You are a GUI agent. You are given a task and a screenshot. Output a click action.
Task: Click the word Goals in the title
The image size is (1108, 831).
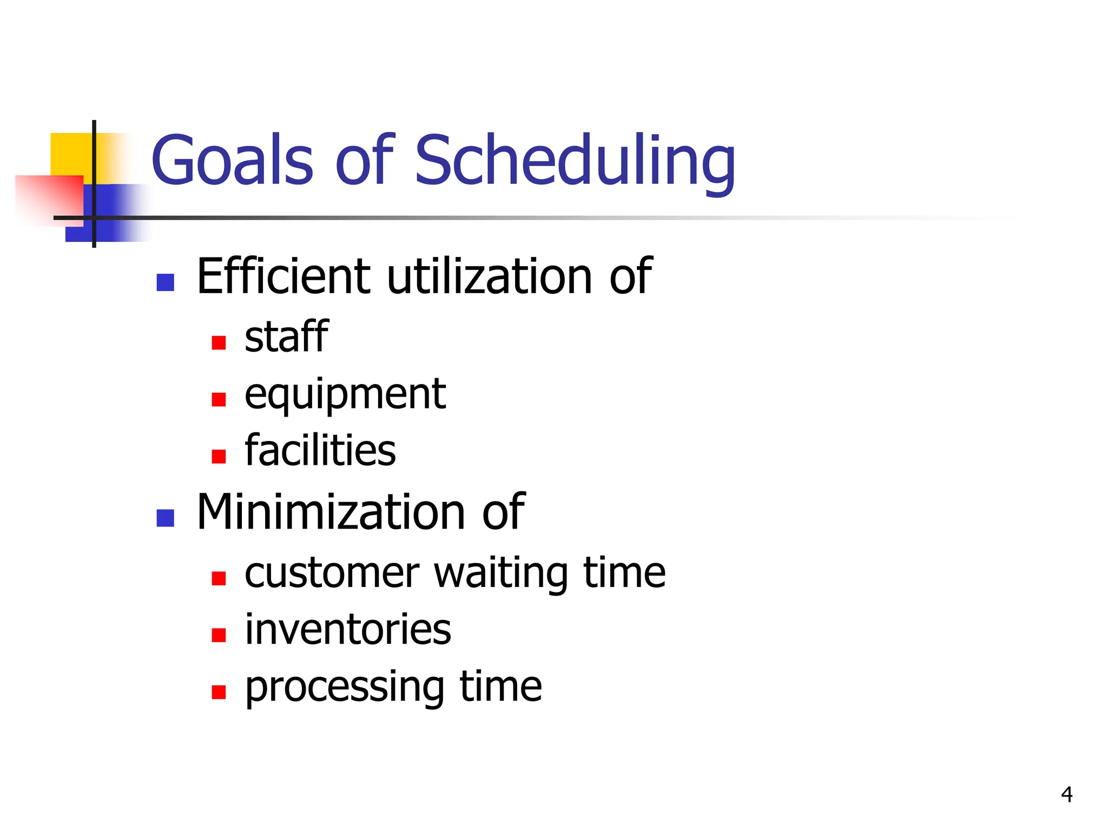232,160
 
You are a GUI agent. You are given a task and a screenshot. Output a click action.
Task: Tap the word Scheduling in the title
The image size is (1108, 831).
575,161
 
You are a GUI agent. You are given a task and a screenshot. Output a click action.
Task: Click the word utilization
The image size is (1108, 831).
490,276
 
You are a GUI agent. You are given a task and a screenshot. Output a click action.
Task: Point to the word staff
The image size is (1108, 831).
286,337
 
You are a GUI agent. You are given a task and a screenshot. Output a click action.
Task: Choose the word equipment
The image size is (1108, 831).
345,395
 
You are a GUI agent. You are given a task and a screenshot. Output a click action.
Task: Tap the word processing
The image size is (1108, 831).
345,687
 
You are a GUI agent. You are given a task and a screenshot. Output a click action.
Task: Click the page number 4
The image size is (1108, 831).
1066,794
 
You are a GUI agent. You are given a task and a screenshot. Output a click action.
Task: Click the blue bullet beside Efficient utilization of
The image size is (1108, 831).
165,282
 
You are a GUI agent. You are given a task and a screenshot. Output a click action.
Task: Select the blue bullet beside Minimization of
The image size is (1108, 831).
165,518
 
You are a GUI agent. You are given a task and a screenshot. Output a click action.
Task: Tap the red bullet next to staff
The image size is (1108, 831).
219,343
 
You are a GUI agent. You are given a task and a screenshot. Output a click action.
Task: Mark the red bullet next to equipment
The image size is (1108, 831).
219,400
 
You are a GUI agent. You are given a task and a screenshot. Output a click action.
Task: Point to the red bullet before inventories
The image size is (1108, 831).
219,635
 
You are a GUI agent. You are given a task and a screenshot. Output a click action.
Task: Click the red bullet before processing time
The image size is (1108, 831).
219,692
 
